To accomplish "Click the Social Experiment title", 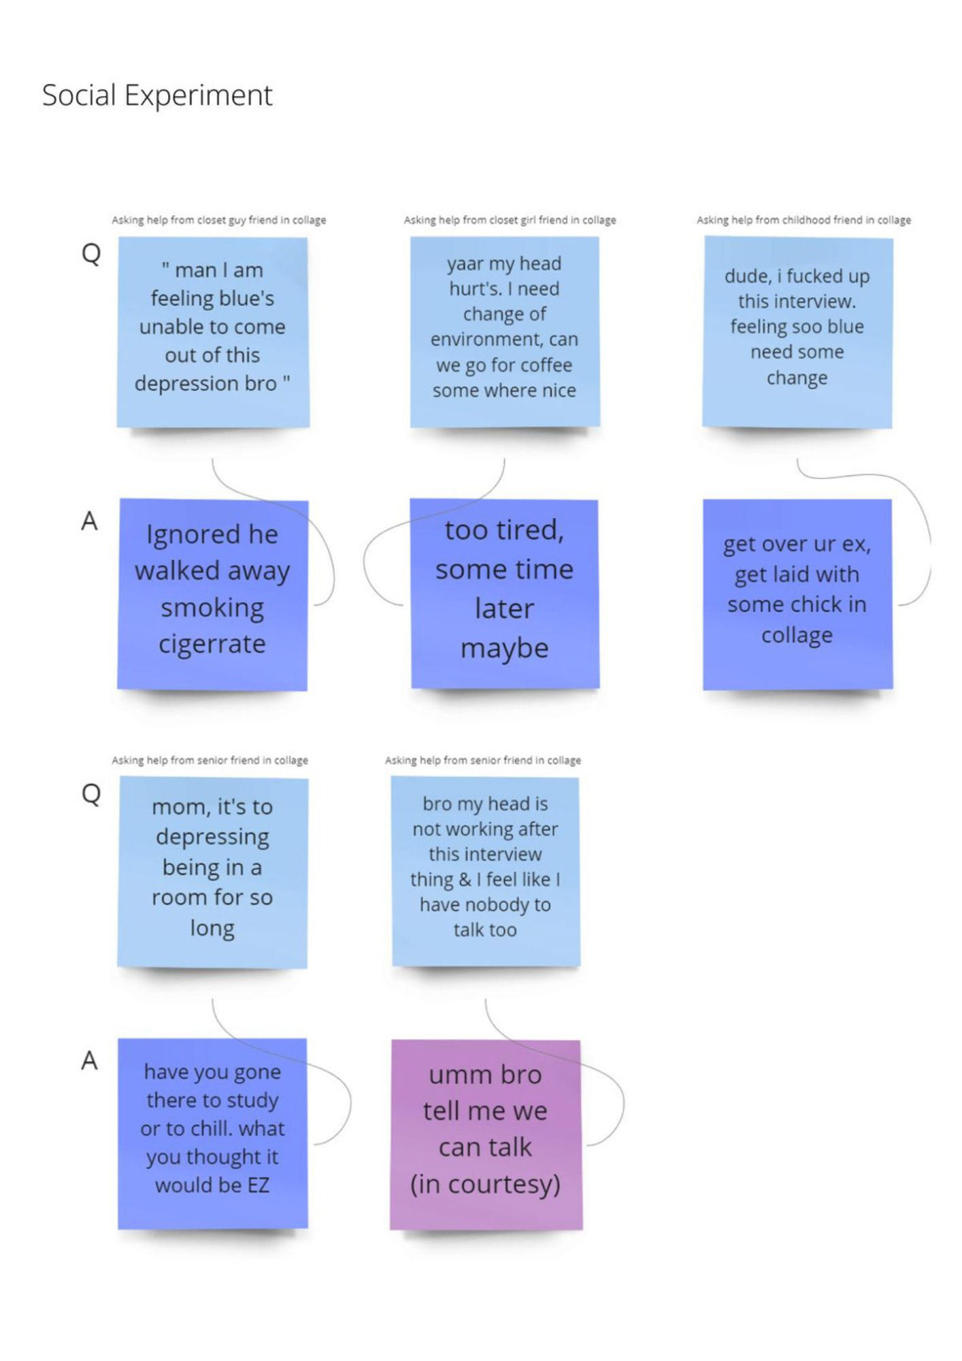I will [157, 95].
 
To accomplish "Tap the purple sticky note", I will [486, 1134].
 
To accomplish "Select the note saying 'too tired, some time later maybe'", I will [504, 593].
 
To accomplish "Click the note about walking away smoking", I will [212, 595].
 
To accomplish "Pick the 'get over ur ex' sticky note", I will [797, 593].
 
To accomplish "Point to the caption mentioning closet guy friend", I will [218, 220].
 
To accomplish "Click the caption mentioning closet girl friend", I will [510, 220].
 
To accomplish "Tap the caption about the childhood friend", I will [803, 220].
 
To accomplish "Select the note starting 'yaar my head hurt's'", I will [504, 331].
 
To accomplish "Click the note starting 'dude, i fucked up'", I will [797, 331].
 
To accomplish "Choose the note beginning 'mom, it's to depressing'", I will [212, 872].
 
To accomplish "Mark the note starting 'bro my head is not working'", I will [485, 871].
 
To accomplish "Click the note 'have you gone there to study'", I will [212, 1134].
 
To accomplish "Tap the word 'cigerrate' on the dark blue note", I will [212, 643].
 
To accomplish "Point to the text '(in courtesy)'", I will [485, 1184].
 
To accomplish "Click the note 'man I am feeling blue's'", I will [212, 331].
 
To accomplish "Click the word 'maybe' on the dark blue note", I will [504, 648].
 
